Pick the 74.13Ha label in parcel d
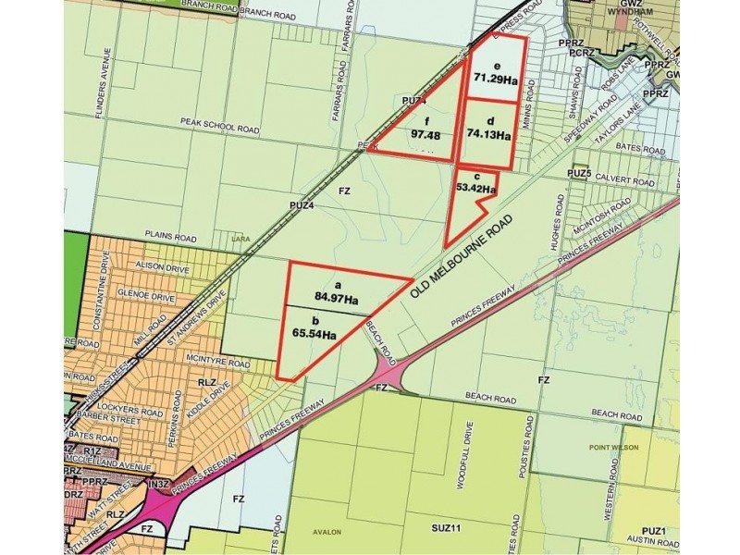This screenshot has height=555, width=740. click(x=487, y=134)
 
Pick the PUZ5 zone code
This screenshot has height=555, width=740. click(x=580, y=173)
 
